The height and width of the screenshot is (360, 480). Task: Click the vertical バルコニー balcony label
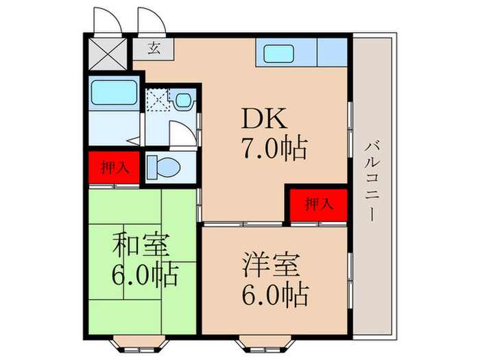click(372, 180)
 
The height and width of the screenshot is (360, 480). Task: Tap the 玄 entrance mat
click(155, 49)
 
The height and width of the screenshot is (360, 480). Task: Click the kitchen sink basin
click(279, 53)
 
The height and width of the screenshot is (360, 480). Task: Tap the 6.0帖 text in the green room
click(144, 275)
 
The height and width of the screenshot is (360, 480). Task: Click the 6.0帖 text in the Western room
click(274, 295)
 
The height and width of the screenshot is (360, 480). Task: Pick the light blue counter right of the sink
click(333, 52)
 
